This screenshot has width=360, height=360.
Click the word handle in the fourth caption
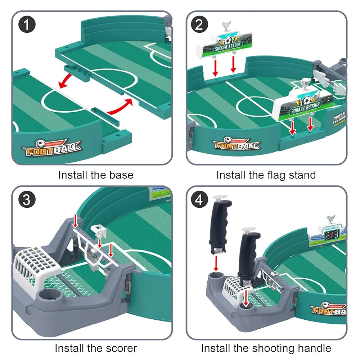click(x=314, y=348)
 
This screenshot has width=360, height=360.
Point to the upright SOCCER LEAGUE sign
click(x=224, y=45)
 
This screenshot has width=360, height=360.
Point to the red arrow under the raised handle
click(x=216, y=263)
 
